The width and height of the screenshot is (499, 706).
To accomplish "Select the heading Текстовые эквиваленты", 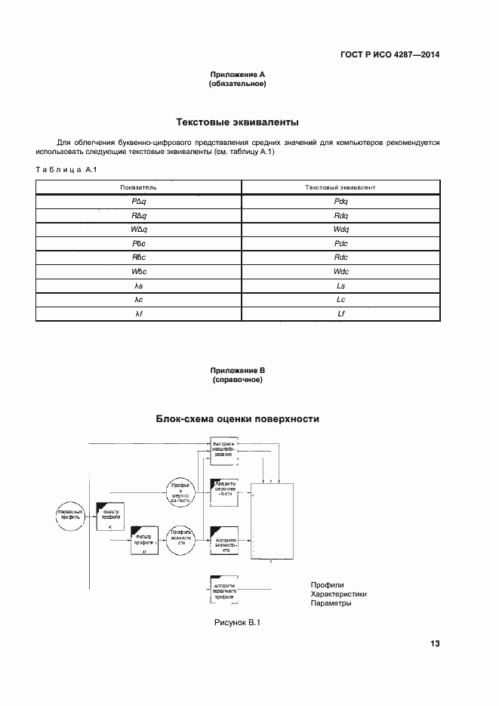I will click(x=237, y=122).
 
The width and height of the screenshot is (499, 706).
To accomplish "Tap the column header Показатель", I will click(x=138, y=186).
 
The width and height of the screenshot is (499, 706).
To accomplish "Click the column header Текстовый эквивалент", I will click(x=340, y=186).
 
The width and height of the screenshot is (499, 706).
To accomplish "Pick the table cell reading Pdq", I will click(x=340, y=201).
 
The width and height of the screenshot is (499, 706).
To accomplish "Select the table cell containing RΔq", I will click(x=138, y=215).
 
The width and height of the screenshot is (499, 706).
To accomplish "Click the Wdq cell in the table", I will click(x=340, y=229).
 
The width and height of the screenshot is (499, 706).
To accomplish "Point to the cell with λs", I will click(x=138, y=285).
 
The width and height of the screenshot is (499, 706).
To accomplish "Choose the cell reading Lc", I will click(x=340, y=300).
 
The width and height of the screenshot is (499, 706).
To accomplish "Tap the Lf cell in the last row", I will click(x=340, y=313).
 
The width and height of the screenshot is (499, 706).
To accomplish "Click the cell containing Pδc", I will click(x=138, y=243).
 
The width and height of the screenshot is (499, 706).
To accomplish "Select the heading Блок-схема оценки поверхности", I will click(x=237, y=418).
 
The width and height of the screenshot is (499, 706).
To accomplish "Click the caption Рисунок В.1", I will click(x=237, y=622).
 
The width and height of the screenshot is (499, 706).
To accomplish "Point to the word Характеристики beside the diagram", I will click(x=338, y=594).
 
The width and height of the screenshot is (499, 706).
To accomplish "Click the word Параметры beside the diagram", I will click(x=331, y=604).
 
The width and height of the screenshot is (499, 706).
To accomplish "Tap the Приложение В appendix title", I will click(x=237, y=370).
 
